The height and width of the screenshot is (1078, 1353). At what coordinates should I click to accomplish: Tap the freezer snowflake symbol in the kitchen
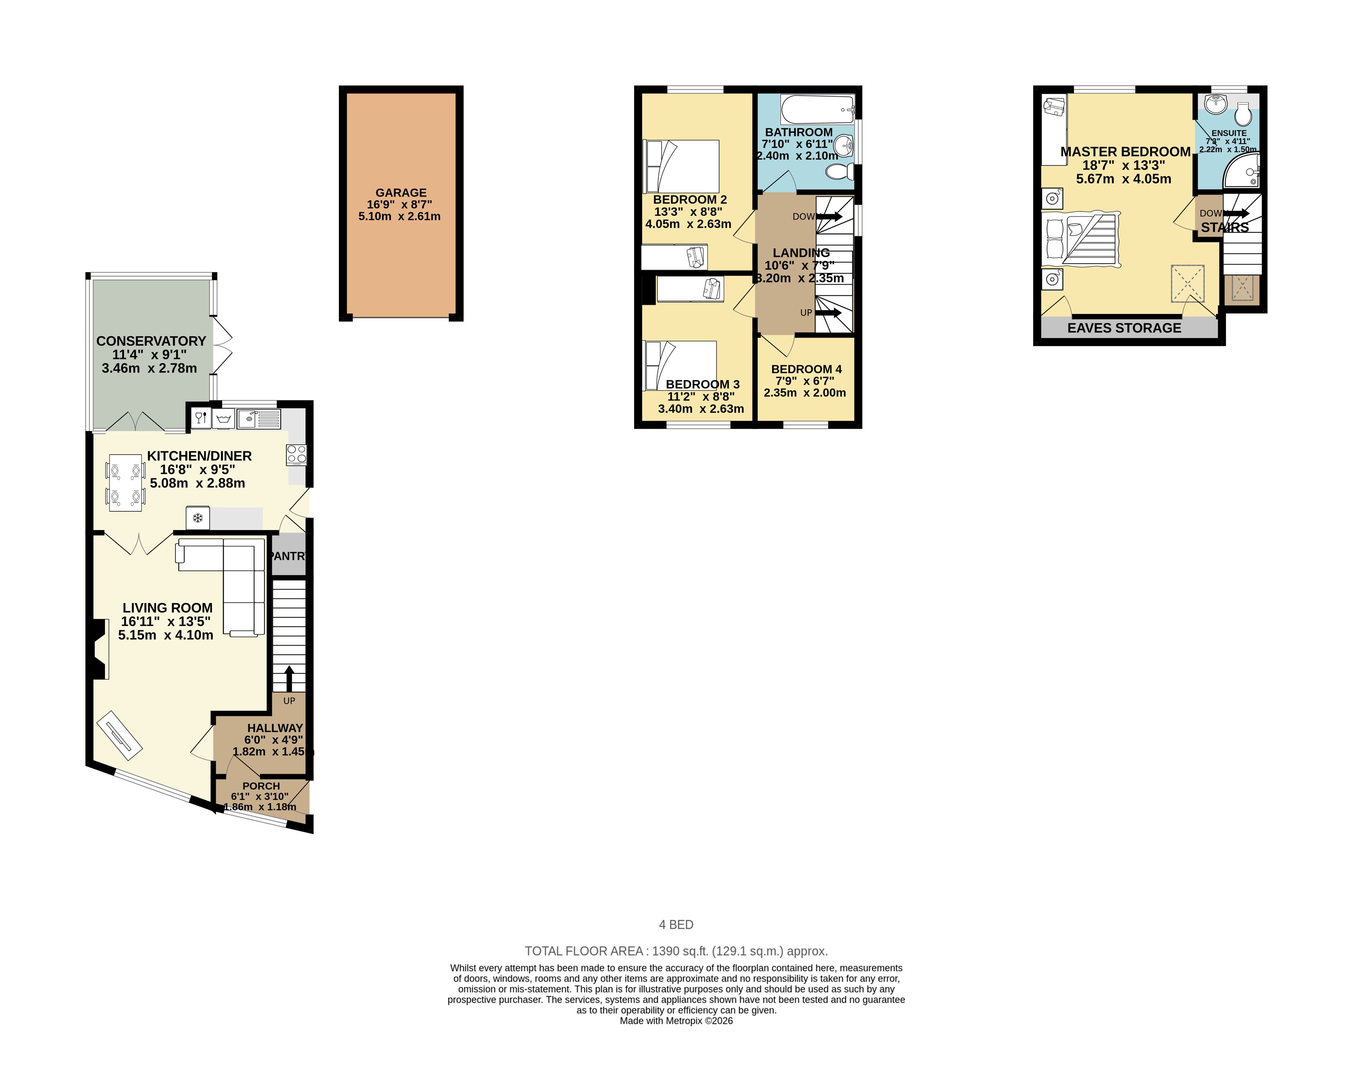coord(198,518)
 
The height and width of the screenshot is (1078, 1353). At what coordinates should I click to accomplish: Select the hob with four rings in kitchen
coord(296,454)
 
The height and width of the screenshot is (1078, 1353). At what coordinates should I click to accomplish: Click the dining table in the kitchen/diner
coord(125,482)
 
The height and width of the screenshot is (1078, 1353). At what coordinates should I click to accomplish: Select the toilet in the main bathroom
coord(839,171)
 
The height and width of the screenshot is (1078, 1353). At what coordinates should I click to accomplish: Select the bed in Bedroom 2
coord(682,166)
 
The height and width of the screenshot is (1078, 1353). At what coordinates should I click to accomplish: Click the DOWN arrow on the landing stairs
coord(829,216)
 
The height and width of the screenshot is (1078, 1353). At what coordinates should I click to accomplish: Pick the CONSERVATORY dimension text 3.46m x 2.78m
coord(149,369)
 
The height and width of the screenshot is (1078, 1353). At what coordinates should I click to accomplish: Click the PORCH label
coord(261,786)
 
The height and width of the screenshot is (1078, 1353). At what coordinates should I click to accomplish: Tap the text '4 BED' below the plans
coord(676,925)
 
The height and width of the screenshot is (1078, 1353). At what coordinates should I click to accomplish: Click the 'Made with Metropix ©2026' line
coord(676,1021)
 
